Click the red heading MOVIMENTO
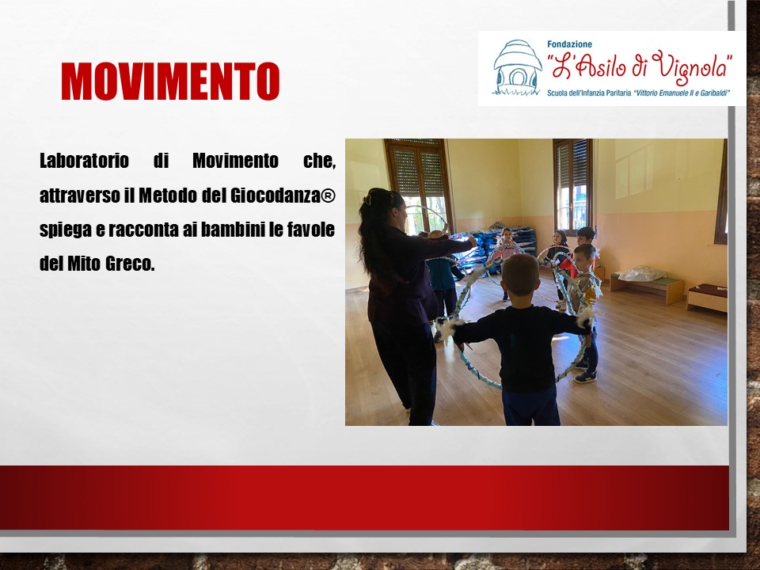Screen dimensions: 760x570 (170, 82)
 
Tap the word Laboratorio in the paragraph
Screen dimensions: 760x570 (85, 161)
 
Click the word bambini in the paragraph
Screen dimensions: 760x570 (233, 230)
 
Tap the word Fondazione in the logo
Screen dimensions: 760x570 (569, 44)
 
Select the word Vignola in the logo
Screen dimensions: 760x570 (690, 66)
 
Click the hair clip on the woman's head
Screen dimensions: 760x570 (368, 199)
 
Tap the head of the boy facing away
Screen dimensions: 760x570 (520, 275)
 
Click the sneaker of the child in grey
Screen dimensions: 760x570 (586, 376)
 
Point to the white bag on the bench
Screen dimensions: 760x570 (642, 274)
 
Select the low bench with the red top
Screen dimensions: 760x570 (707, 297)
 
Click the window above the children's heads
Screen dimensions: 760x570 (573, 184)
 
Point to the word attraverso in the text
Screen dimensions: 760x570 (80, 196)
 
